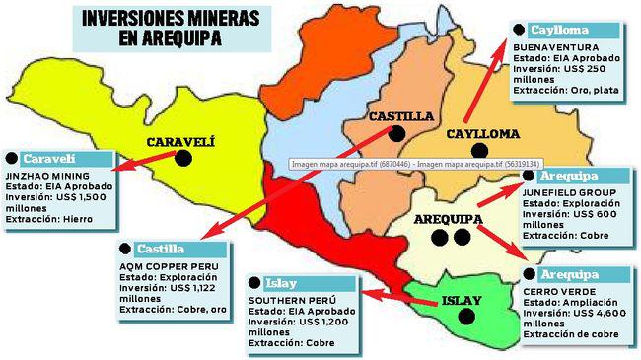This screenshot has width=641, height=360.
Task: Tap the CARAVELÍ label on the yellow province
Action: point(180,141)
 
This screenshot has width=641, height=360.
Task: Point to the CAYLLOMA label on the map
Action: point(482,134)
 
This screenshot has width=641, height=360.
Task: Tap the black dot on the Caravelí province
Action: point(182,158)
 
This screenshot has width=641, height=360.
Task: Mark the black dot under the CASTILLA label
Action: point(396,132)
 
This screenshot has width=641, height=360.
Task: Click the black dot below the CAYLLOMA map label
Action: point(480,151)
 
